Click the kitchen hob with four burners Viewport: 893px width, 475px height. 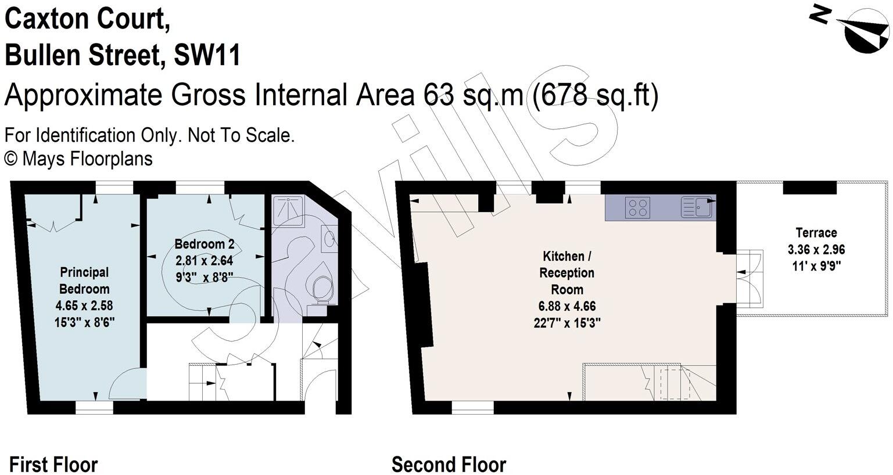[x=637, y=207]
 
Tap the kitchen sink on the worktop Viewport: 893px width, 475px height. [x=697, y=207]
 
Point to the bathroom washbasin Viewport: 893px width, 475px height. [x=329, y=239]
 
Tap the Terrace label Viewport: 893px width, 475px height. [x=816, y=233]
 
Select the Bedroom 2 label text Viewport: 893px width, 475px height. [x=204, y=243]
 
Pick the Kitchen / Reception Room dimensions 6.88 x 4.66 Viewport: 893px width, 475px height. [x=567, y=306]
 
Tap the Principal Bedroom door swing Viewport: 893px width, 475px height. [x=125, y=384]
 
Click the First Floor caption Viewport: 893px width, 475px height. [x=53, y=465]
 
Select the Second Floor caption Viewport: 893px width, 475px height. [x=449, y=465]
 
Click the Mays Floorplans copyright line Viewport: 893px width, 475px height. [x=78, y=159]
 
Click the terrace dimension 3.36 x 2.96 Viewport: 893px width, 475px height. [x=816, y=250]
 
